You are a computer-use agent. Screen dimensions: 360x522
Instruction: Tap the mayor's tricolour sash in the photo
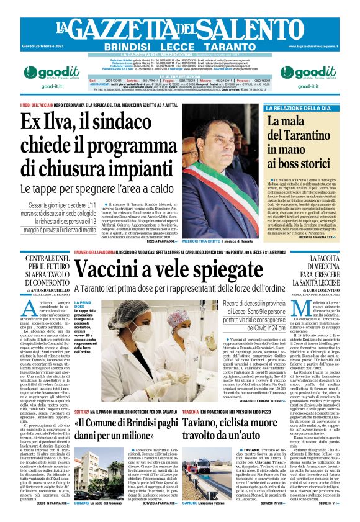227,186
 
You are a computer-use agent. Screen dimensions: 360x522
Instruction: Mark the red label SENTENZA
84,394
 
